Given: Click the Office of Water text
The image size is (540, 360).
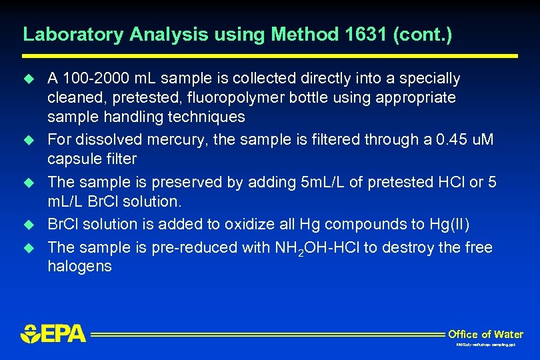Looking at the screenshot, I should tap(485, 334).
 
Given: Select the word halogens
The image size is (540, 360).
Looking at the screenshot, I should tap(79, 267).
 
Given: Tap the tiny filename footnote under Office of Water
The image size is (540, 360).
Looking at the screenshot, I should tap(485, 345).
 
